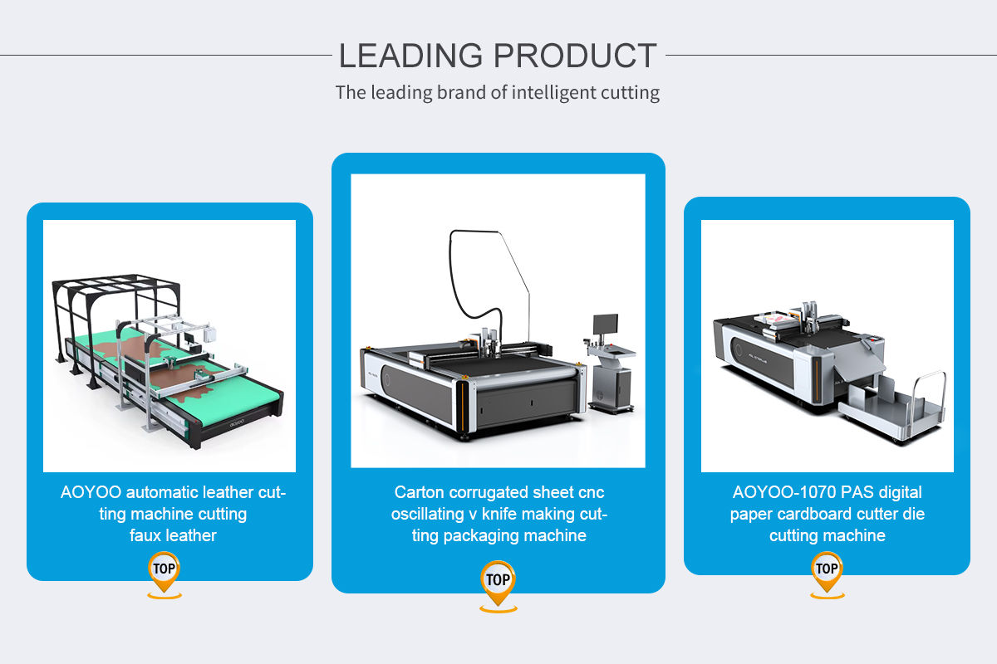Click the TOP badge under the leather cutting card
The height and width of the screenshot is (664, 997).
(x=165, y=570)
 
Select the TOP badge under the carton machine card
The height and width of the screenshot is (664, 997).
(x=498, y=580)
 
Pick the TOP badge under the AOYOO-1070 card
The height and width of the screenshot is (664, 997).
(x=827, y=569)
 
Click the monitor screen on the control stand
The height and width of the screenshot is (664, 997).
(x=606, y=326)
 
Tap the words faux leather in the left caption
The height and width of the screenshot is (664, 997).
(x=173, y=535)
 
